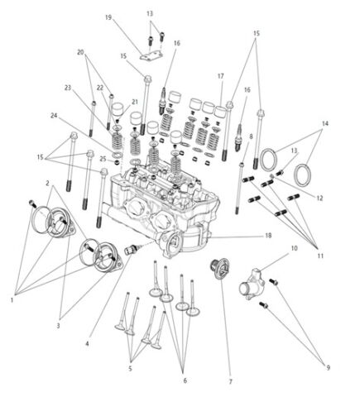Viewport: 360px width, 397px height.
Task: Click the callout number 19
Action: coord(108,17)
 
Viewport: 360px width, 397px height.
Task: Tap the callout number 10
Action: coord(294,248)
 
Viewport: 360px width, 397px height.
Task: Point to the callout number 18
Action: coord(267,236)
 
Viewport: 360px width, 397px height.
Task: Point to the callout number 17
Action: coord(220,76)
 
